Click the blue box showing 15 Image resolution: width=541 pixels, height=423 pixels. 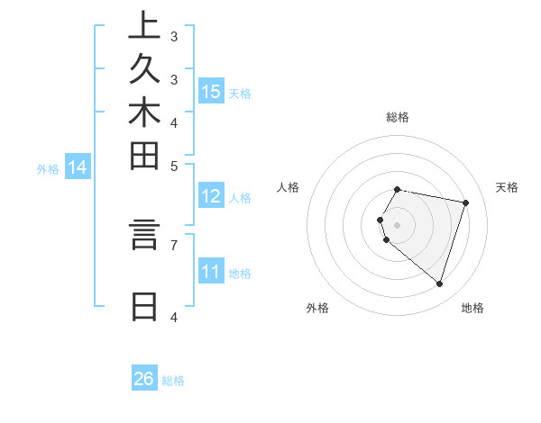tap(211, 92)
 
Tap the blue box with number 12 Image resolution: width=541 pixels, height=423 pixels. tap(211, 196)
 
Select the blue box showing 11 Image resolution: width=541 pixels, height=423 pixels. tap(211, 272)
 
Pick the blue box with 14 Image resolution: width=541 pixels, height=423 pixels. tap(78, 166)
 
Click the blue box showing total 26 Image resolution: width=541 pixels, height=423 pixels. tap(144, 379)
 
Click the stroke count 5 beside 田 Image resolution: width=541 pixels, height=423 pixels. tap(174, 166)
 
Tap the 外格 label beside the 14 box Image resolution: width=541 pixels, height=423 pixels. tap(48, 167)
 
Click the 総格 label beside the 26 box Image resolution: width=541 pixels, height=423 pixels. tap(173, 381)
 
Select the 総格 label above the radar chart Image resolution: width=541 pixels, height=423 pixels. tap(398, 117)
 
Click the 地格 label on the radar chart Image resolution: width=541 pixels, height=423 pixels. tap(472, 308)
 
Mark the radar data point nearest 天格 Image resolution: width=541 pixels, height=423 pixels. tap(465, 202)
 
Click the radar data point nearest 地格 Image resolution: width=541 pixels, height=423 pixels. tap(439, 283)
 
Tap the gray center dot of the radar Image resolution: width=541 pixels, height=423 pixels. tap(398, 225)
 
